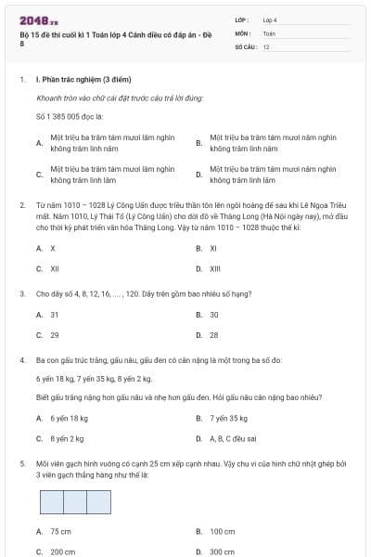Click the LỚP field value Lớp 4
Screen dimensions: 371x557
coord(270,19)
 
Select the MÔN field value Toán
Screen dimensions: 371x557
coord(269,32)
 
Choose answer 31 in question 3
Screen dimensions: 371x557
coord(55,314)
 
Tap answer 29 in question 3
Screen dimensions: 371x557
coord(55,334)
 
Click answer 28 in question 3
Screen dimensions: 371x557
coord(213,334)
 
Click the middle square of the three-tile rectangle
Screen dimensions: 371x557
coord(75,501)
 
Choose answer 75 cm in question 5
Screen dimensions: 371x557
coord(60,531)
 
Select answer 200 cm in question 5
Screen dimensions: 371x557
coord(62,551)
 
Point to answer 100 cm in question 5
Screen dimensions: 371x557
coord(222,531)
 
